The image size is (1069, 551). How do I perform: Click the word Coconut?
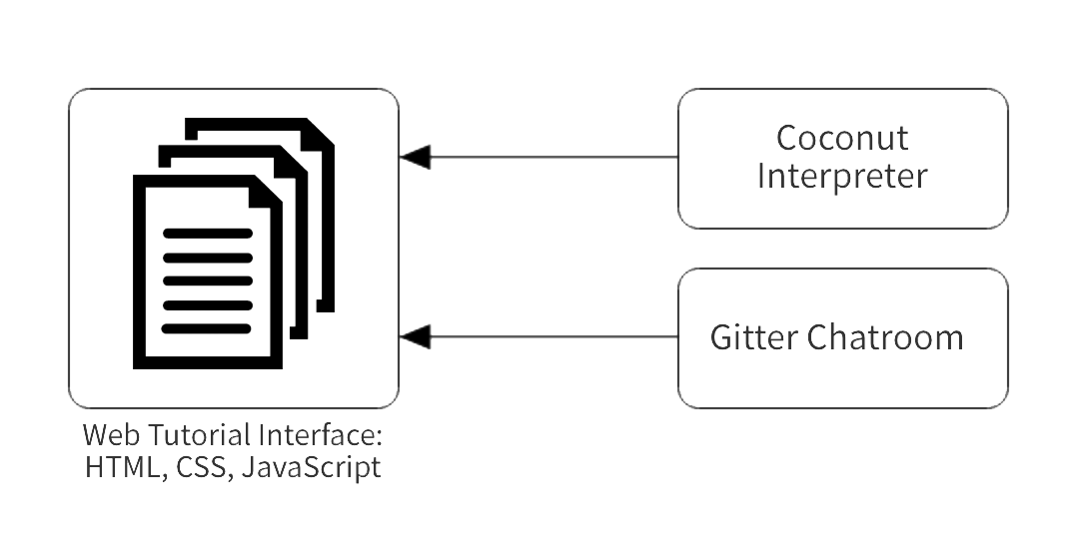tap(842, 139)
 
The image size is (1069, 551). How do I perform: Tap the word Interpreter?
tap(842, 176)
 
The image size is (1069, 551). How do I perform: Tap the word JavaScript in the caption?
tap(311, 468)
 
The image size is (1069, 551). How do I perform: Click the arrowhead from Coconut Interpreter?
tap(416, 158)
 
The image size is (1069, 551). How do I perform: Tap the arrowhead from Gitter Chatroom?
tap(416, 336)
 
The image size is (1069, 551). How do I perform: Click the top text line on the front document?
tap(207, 234)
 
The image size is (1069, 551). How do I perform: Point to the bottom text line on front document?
tap(207, 329)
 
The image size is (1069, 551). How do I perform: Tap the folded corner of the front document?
tap(265, 192)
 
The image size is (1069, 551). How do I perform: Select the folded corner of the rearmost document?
tap(319, 134)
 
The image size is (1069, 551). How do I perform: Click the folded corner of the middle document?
tap(292, 163)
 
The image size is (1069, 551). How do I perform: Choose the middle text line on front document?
tap(207, 280)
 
